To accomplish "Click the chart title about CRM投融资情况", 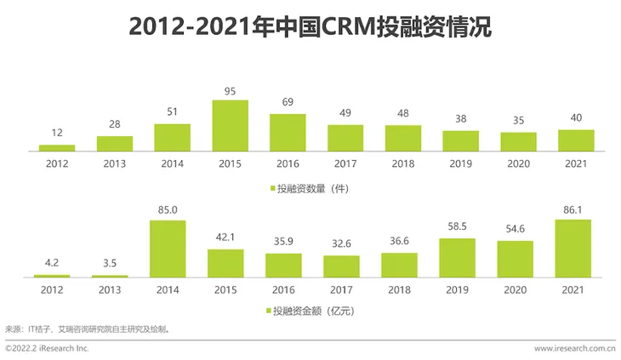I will (310, 26).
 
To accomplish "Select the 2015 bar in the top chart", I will (230, 125).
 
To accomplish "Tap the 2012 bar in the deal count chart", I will (57, 147).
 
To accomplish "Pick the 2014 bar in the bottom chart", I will (168, 249).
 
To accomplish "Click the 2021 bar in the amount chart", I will (573, 249).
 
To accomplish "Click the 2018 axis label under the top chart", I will (402, 163).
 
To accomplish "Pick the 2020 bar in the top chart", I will (518, 141).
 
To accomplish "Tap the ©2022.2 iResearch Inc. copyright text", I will (48, 348).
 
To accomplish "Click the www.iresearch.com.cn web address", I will (574, 348).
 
